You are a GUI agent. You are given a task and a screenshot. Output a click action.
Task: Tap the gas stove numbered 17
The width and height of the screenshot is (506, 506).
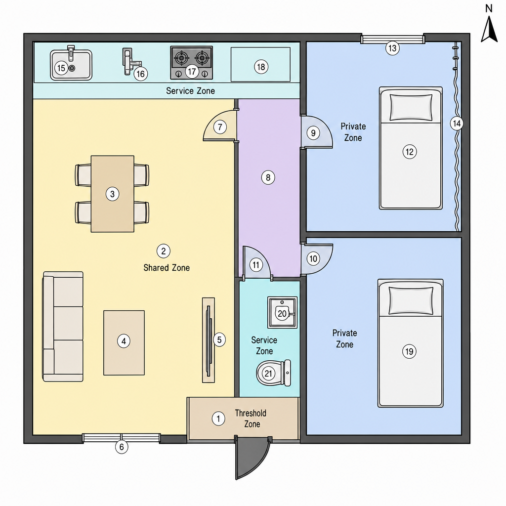pyautogui.click(x=191, y=63)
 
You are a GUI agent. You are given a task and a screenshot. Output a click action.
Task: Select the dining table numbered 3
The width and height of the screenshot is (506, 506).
pyautogui.click(x=112, y=194)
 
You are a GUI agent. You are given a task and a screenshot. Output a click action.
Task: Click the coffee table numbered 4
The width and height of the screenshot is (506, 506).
pyautogui.click(x=124, y=343)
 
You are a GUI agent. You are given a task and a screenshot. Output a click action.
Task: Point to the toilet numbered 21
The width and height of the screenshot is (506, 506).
pyautogui.click(x=273, y=373)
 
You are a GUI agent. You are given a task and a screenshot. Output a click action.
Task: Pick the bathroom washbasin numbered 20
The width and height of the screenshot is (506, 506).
pyautogui.click(x=282, y=312)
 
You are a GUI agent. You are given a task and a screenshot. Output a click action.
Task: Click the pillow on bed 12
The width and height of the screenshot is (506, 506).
pyautogui.click(x=411, y=107)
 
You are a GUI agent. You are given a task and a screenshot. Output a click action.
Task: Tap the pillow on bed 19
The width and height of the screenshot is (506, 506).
pyautogui.click(x=411, y=300)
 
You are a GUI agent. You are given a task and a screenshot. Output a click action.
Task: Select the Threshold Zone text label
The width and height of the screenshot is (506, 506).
pyautogui.click(x=251, y=419)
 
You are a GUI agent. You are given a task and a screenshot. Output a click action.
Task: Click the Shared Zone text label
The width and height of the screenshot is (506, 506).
pyautogui.click(x=167, y=268)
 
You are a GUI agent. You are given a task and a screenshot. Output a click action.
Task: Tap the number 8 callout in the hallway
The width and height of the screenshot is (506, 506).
pyautogui.click(x=268, y=177)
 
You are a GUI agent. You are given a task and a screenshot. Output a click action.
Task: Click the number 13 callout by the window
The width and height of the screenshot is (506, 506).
pyautogui.click(x=392, y=48)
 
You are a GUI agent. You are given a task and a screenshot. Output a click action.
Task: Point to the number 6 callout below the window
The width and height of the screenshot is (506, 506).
pyautogui.click(x=122, y=447)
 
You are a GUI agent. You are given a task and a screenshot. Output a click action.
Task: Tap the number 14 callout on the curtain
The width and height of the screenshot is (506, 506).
pyautogui.click(x=457, y=123)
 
